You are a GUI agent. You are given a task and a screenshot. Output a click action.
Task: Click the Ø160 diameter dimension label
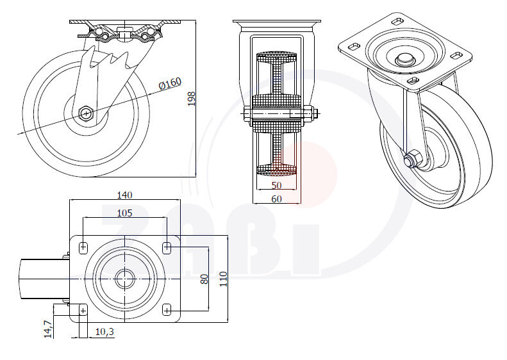click(x=170, y=83)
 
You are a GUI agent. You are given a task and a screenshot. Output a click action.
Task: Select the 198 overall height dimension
click(x=190, y=99)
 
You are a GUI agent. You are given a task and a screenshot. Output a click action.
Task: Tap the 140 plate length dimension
click(x=124, y=195)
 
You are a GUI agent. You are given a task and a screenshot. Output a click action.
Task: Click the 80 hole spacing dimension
click(x=204, y=279)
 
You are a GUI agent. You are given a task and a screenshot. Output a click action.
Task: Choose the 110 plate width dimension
click(x=222, y=279)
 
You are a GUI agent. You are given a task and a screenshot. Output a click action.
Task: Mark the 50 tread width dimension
click(x=276, y=184)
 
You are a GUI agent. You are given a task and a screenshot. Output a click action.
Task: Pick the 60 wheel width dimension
click(x=276, y=199)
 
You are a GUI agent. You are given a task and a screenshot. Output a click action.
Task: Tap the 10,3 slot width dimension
click(x=104, y=331)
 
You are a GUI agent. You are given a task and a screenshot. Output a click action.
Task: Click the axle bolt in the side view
click(x=86, y=113)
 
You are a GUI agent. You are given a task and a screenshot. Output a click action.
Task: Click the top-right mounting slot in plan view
click(x=167, y=247)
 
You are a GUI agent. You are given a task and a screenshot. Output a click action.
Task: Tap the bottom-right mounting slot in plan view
click(x=167, y=310)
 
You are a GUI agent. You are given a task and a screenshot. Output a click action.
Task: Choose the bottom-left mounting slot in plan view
click(x=83, y=310)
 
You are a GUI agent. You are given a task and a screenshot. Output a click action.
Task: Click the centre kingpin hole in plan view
click(x=125, y=279)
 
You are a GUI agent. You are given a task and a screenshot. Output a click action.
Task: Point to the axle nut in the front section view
click(x=312, y=115)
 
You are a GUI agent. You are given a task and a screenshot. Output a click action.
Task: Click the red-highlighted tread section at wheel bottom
click(x=277, y=170)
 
